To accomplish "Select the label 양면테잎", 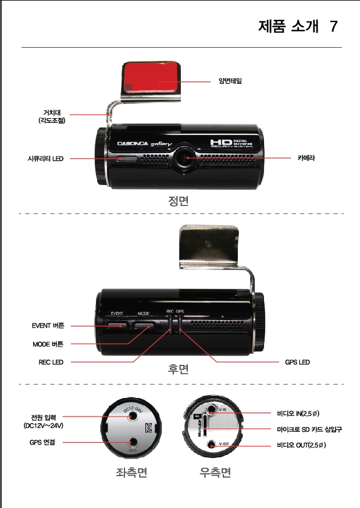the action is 230,81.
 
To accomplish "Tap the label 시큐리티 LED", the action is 45,158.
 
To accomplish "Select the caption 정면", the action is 179,201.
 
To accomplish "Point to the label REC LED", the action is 51,362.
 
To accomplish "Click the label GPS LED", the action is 297,362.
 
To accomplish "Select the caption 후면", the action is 179,370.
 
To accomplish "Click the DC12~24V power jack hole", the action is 134,417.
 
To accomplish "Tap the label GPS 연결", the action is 42,443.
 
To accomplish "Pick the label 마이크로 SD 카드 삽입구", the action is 309,429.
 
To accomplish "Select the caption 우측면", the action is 215,473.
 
